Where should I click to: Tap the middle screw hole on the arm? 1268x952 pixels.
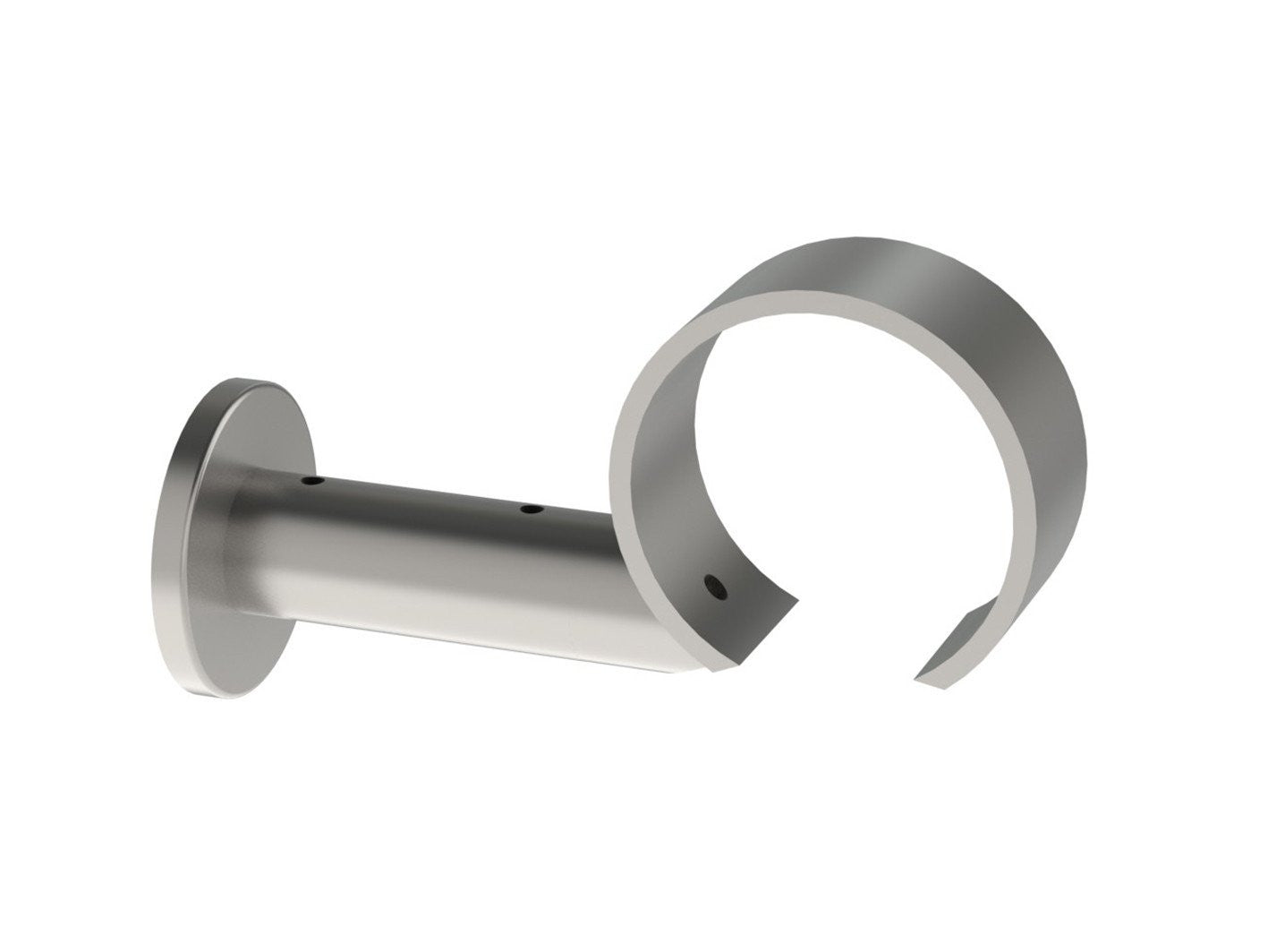pos(532,510)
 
